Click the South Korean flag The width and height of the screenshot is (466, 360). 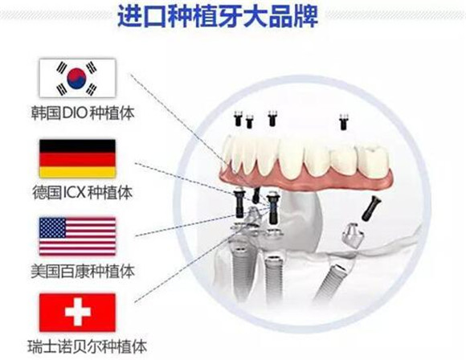pos(77,78)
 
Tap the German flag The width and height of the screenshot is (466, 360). pos(77,158)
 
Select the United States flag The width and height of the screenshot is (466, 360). pos(77,236)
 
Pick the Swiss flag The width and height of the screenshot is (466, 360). pos(77,313)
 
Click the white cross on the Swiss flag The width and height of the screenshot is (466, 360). pos(78,312)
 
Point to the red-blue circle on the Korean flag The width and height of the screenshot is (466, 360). pos(76,78)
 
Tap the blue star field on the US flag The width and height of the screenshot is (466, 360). pos(52,227)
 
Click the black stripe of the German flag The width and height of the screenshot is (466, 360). pos(77,146)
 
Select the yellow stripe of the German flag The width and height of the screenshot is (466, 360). pos(77,172)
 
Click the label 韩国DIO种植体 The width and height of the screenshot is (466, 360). pos(83,113)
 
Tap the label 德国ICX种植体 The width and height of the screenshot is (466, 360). pos(82,193)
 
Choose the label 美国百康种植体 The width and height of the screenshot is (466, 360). pos(83,271)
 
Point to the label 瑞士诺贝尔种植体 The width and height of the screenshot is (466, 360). pos(88,347)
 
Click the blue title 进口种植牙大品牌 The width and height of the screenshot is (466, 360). pos(218,16)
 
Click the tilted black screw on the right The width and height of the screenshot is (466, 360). pos(371,208)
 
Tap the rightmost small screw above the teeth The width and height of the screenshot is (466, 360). pos(344,121)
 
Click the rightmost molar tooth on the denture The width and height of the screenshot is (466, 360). pos(373,160)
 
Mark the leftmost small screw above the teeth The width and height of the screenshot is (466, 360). pos(239,118)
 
